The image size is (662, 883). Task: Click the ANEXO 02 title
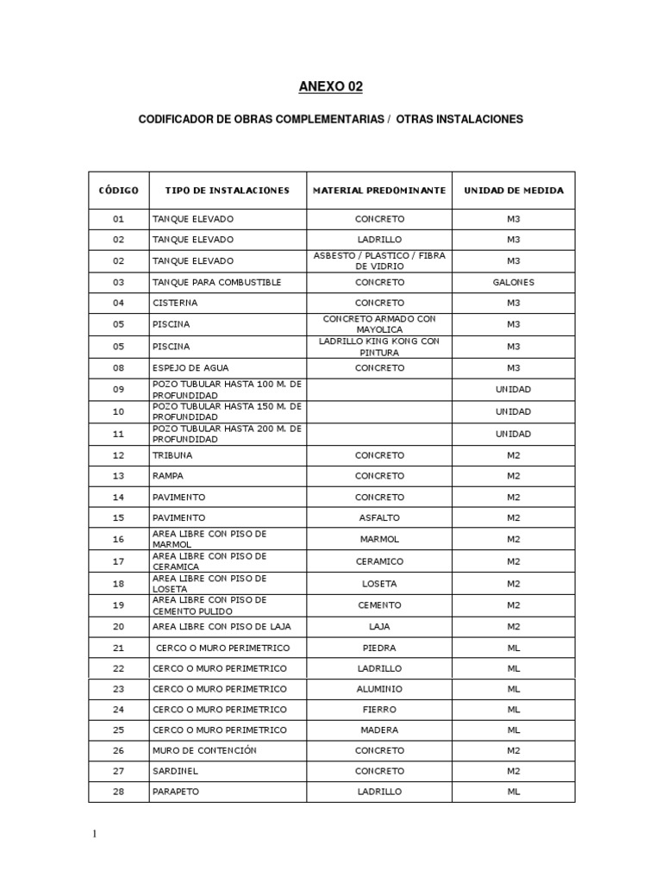point(331,86)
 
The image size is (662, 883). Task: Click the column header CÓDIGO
point(118,191)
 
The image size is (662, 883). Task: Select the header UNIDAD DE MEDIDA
point(514,191)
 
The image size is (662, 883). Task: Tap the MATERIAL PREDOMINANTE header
point(379,191)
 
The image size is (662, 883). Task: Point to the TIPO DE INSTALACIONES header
point(222,191)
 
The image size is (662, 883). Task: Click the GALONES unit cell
point(514,282)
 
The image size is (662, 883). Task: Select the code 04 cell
point(118,304)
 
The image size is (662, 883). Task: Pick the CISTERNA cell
point(175,304)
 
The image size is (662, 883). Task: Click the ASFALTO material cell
point(379,518)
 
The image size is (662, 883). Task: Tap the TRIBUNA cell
point(172,454)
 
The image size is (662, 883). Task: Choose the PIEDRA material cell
point(379,648)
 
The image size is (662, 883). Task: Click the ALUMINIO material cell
point(379,689)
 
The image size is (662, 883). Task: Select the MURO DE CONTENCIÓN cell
point(204,751)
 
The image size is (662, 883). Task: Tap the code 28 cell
point(118,792)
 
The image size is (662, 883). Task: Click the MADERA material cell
point(379,730)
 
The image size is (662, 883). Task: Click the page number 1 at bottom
point(97,835)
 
